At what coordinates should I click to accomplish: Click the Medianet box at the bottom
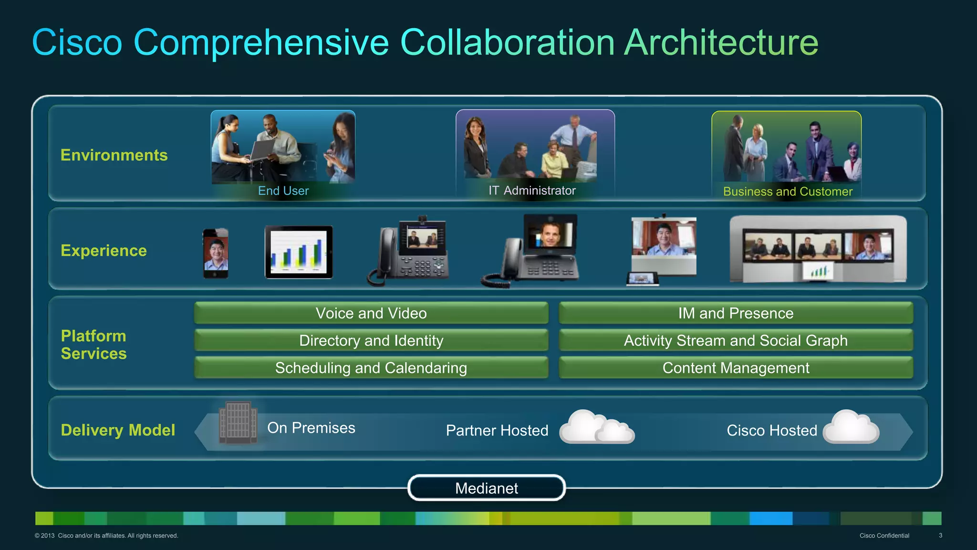(487, 488)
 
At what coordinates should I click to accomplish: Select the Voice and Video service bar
(371, 313)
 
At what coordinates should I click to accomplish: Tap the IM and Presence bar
(736, 313)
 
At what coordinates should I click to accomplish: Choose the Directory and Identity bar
(371, 340)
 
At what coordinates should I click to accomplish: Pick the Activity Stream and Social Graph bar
(736, 340)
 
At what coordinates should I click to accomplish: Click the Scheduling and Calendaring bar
(371, 368)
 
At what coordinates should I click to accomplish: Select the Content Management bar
(736, 368)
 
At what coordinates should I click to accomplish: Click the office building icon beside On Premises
(238, 423)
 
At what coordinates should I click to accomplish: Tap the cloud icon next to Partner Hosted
(597, 427)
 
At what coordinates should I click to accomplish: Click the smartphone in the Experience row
(216, 253)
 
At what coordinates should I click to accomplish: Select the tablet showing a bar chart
(299, 252)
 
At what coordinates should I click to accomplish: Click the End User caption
(283, 191)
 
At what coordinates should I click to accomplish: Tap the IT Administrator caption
(532, 190)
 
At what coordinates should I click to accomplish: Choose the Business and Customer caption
(788, 191)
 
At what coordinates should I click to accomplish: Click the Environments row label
(114, 155)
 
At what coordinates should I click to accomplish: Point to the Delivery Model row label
(118, 430)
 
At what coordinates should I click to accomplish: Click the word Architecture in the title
(721, 42)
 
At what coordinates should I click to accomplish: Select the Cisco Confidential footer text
(884, 536)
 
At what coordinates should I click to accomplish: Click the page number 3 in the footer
(940, 536)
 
